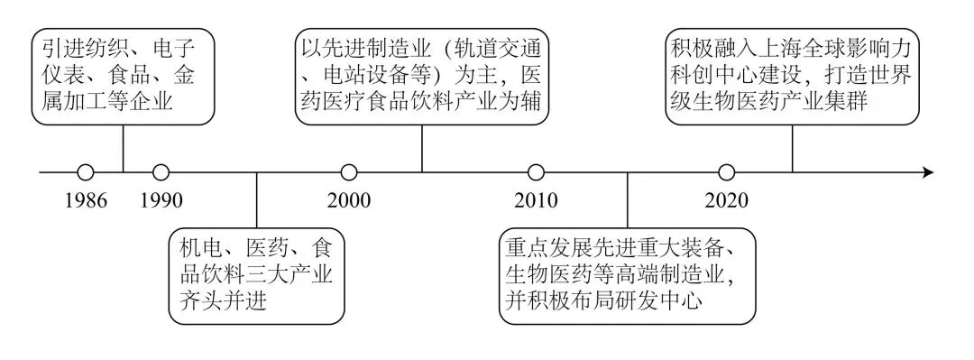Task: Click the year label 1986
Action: [86, 200]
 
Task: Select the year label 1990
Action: [161, 200]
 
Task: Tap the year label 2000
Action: [349, 200]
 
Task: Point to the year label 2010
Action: [536, 200]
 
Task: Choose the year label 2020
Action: [726, 200]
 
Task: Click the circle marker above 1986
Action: [86, 172]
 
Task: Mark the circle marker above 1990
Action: [161, 172]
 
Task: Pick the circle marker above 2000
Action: [349, 172]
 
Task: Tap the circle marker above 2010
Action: [536, 172]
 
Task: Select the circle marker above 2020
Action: [726, 172]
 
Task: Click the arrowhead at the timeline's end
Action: [928, 172]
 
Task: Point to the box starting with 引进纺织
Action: [123, 77]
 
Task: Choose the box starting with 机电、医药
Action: [256, 277]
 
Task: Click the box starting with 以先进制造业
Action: [422, 77]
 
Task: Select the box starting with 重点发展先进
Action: [628, 277]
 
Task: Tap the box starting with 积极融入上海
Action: [792, 77]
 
